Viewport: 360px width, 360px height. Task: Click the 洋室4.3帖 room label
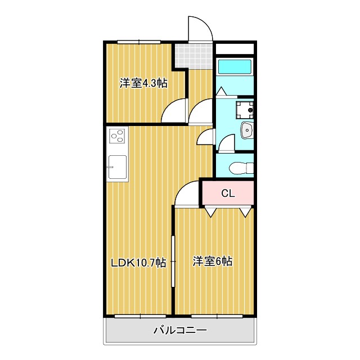coord(143,84)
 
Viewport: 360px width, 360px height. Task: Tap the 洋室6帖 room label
coord(213,261)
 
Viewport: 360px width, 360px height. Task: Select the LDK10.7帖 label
coord(138,262)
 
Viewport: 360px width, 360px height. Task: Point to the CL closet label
coord(227,193)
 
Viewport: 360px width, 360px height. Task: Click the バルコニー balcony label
coord(180,330)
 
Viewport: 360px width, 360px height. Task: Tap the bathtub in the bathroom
coord(235,66)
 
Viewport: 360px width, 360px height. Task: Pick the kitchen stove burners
coord(118,136)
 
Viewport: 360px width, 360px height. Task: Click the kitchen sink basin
coord(118,166)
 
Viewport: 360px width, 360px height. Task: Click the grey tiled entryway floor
coord(187,55)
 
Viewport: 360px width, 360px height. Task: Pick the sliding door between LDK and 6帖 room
coord(173,262)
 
